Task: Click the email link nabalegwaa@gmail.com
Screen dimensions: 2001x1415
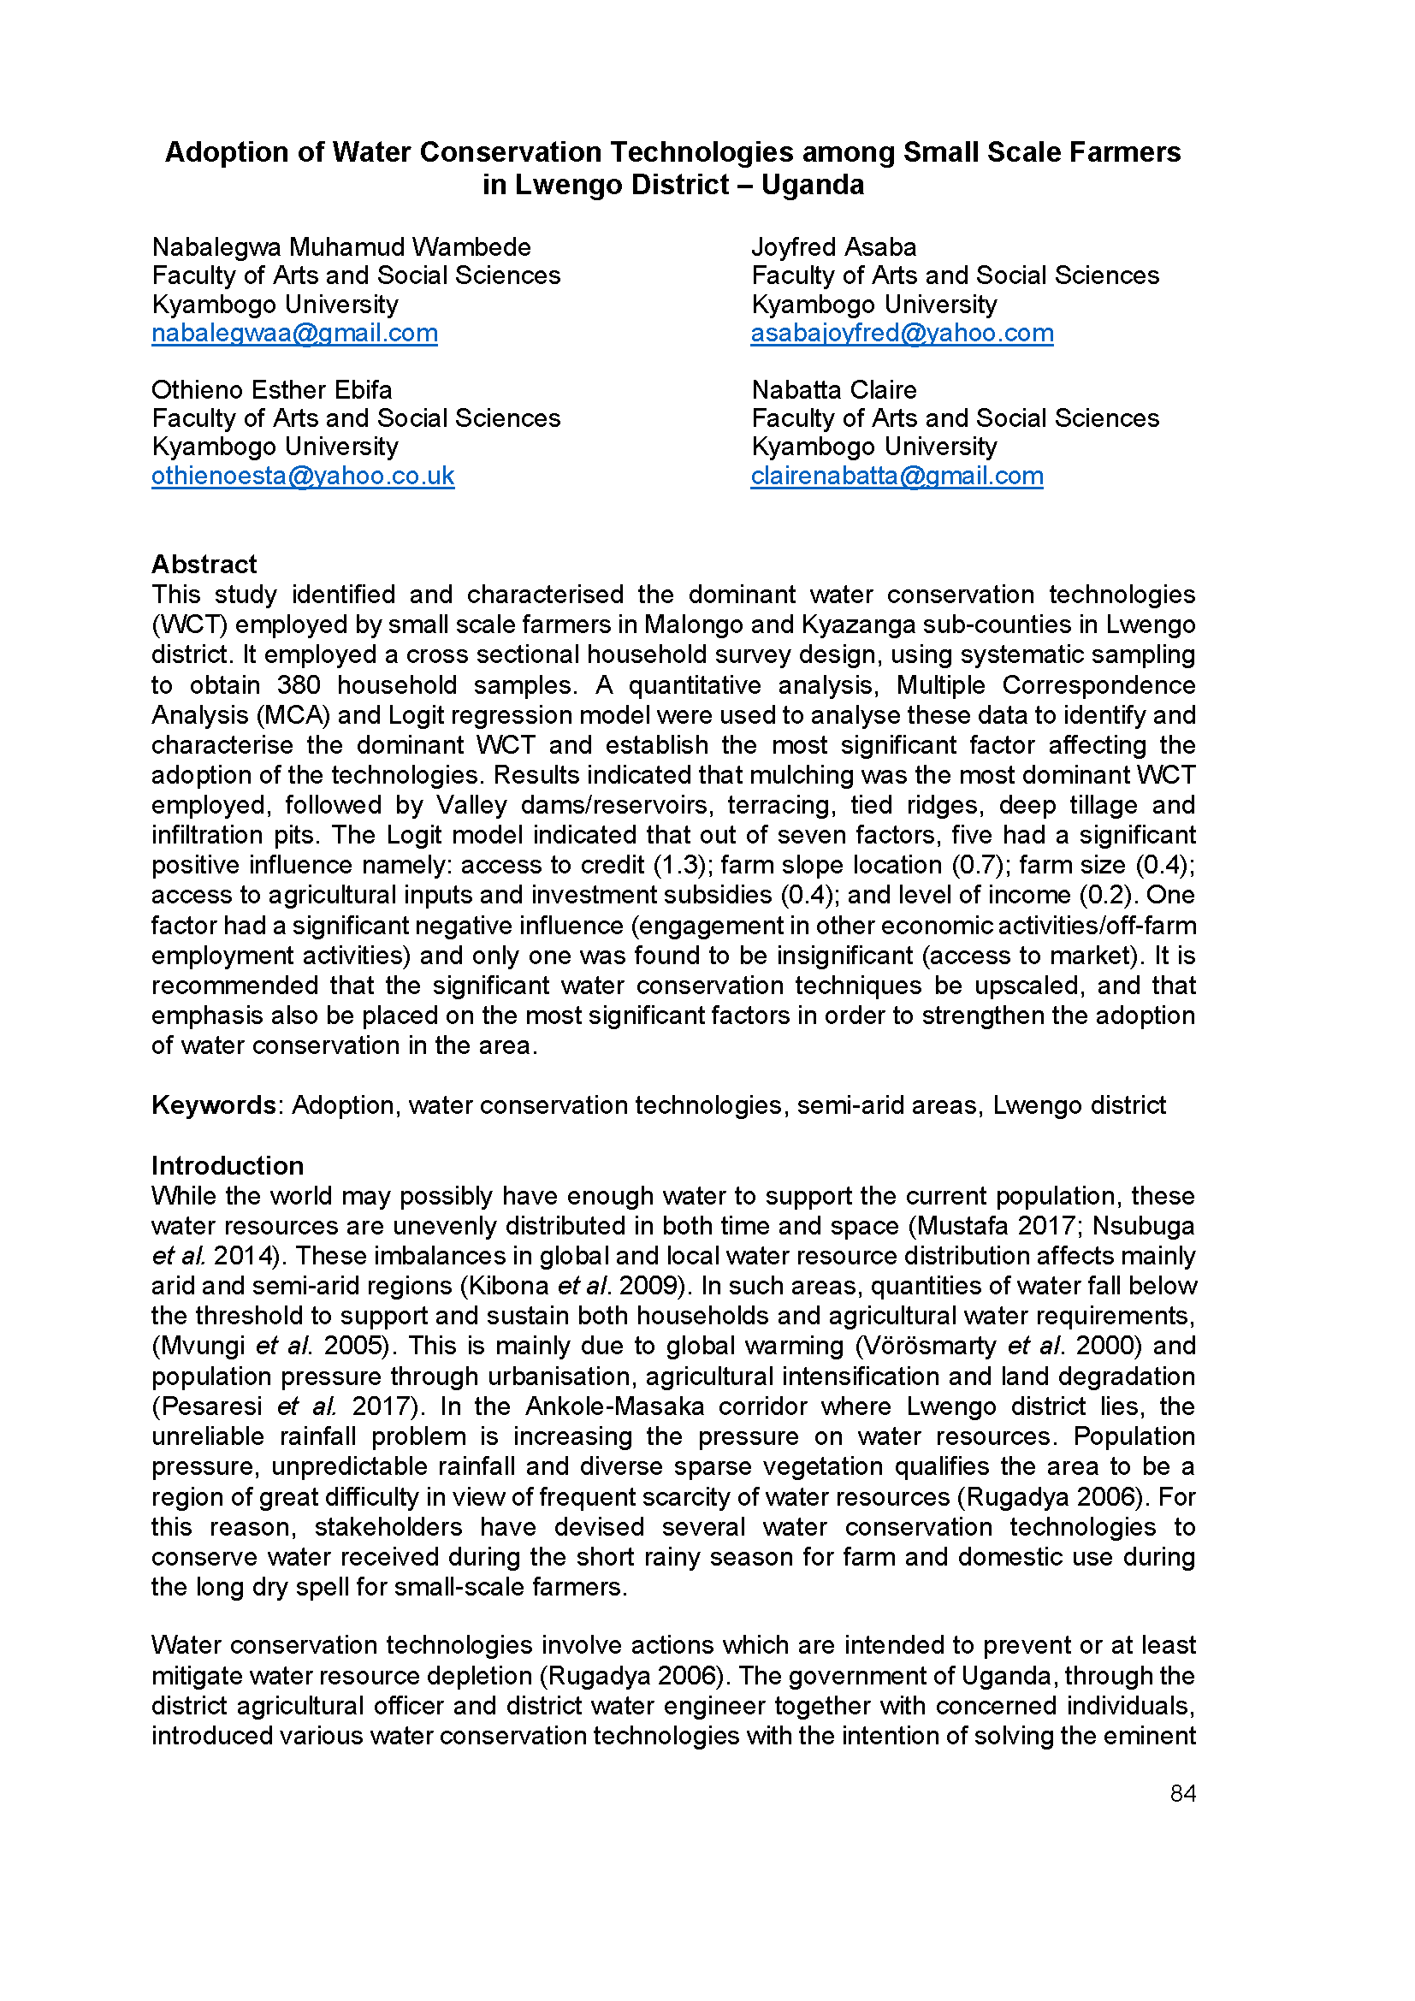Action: coord(294,334)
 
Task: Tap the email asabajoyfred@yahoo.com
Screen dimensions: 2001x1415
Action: coord(902,334)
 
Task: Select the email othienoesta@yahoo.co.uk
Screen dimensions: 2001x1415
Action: coord(302,476)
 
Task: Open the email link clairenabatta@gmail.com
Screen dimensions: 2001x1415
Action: coord(897,476)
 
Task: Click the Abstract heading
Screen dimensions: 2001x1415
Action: coord(204,565)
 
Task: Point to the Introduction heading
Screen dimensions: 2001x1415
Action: coord(228,1166)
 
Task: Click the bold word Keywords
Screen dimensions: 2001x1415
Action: coord(214,1105)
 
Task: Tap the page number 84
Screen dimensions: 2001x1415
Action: coord(1182,1794)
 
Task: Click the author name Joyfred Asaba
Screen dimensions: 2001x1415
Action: coord(834,247)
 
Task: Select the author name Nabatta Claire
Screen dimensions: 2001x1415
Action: coord(834,389)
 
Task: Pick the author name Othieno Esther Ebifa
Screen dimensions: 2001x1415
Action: coord(272,389)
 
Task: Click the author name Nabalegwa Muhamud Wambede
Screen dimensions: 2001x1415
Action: coord(340,247)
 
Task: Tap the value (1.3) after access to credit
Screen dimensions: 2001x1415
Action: coord(678,866)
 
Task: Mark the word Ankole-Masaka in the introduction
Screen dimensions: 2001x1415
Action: coord(614,1406)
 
